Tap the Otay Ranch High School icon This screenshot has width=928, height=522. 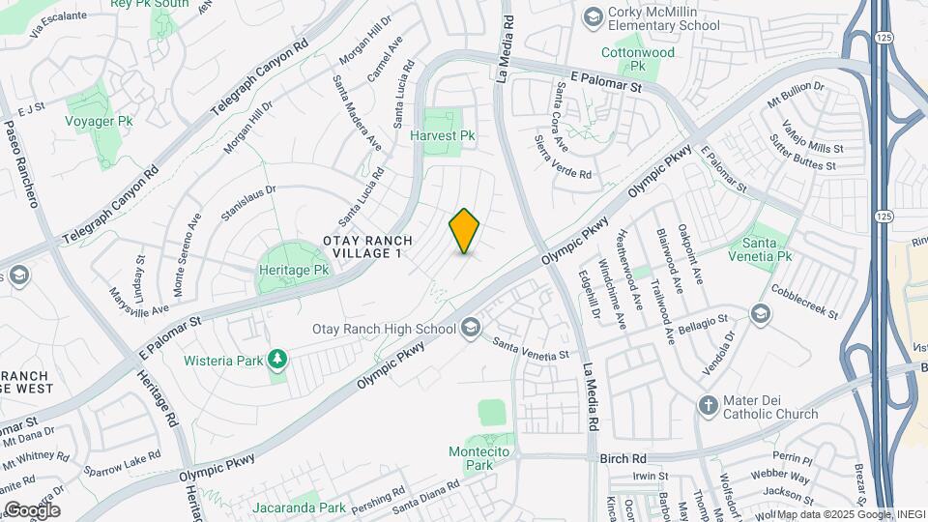(x=471, y=329)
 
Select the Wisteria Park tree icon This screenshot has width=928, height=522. (x=278, y=361)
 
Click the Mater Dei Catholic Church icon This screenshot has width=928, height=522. (x=708, y=405)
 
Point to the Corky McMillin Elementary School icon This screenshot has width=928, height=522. (x=592, y=16)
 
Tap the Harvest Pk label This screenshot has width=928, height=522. (x=444, y=136)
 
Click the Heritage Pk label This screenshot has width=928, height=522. (x=295, y=271)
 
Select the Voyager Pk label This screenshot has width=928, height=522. (x=99, y=121)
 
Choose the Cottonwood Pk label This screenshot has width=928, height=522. (x=638, y=59)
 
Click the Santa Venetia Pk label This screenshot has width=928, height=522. (x=766, y=248)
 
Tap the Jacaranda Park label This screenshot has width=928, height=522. (x=299, y=507)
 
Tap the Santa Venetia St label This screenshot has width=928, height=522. (x=530, y=349)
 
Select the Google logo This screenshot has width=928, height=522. (x=32, y=509)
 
